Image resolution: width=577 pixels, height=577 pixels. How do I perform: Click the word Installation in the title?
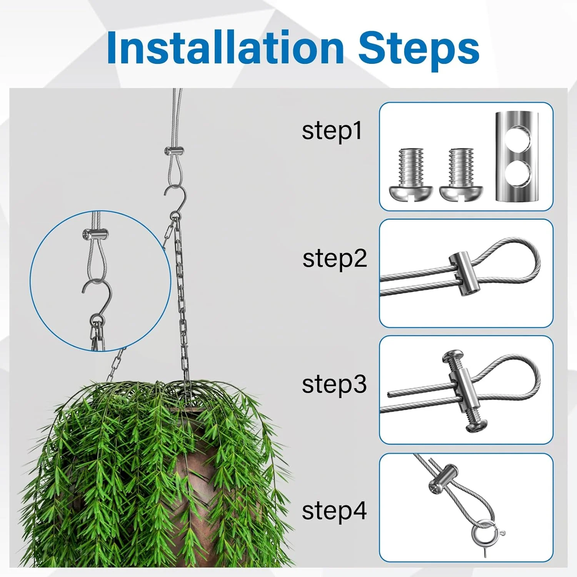(x=225, y=48)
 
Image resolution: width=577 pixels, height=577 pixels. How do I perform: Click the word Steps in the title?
(x=419, y=48)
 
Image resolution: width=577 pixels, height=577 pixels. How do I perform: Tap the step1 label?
(x=332, y=131)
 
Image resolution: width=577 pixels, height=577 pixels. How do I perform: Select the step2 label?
(x=335, y=259)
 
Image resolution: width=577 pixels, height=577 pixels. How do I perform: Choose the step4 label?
(x=334, y=511)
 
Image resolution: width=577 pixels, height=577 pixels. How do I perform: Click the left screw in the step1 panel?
(x=411, y=174)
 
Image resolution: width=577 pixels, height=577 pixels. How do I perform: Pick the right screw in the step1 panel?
(x=461, y=174)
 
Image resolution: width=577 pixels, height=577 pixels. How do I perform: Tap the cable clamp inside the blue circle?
(x=95, y=234)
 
